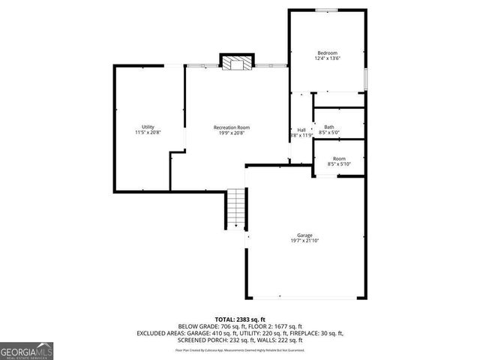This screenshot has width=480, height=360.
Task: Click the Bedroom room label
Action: [x=327, y=52]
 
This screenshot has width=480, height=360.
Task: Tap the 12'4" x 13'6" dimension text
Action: [x=327, y=58]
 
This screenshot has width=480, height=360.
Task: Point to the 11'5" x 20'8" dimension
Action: [x=148, y=132]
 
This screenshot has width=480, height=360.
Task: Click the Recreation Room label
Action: [x=231, y=127]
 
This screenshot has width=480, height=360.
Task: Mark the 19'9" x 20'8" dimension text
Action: [x=231, y=133]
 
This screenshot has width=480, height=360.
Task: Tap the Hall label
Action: [x=301, y=130]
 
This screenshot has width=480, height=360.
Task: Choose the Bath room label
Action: [x=329, y=127]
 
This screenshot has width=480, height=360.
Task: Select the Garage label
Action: [x=304, y=235]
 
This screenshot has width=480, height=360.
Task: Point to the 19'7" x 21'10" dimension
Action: [x=304, y=241]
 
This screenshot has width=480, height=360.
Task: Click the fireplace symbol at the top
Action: [x=237, y=62]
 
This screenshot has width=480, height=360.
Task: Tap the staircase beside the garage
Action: [x=236, y=208]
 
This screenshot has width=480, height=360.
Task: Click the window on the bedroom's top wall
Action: [x=326, y=10]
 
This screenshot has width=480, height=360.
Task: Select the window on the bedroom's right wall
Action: [x=365, y=77]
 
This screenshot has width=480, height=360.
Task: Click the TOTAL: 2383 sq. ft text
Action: [x=240, y=319]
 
